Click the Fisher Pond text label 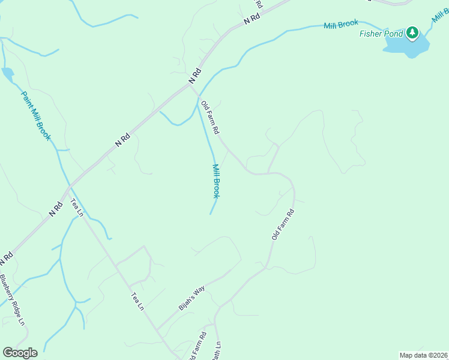(x=381, y=34)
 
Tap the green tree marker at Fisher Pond (x=412, y=32)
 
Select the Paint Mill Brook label (x=36, y=116)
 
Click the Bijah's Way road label (x=192, y=298)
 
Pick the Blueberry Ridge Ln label (x=13, y=299)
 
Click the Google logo (x=20, y=353)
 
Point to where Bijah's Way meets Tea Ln (x=157, y=329)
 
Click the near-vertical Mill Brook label (x=216, y=181)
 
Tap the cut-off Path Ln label (x=217, y=351)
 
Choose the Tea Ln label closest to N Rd (x=77, y=207)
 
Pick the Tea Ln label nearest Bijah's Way (x=137, y=301)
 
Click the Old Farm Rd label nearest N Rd (x=211, y=117)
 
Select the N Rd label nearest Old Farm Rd (x=193, y=76)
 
